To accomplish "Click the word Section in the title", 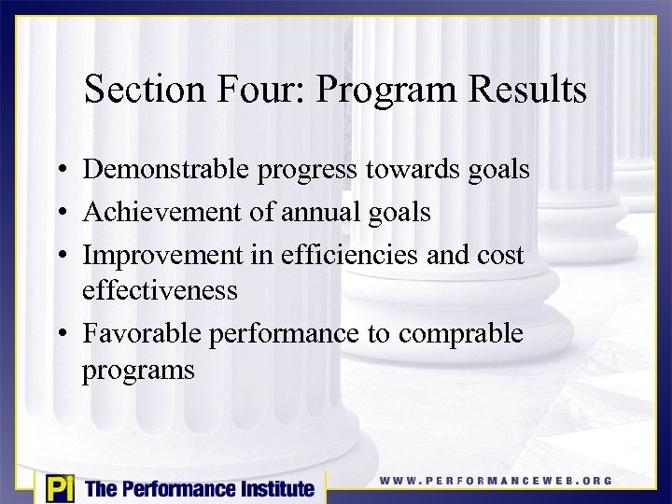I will [x=140, y=90].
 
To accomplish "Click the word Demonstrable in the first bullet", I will [x=163, y=170].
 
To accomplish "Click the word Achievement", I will [x=162, y=212].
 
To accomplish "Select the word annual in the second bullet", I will [x=322, y=212].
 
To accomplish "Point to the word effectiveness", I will [x=160, y=290].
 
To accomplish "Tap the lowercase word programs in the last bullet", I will [x=138, y=371].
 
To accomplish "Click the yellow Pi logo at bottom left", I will [x=59, y=488].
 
